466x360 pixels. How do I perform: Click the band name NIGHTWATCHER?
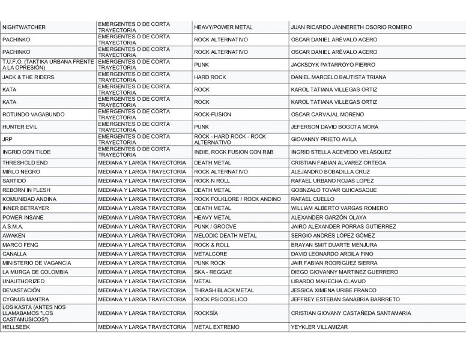(x=23, y=27)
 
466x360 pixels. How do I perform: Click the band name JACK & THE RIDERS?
(x=28, y=77)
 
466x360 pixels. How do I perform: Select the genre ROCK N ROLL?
(x=211, y=181)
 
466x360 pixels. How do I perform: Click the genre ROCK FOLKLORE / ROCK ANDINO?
(x=237, y=199)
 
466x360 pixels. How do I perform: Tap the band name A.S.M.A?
(x=13, y=226)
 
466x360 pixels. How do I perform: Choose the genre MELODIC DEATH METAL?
(x=225, y=235)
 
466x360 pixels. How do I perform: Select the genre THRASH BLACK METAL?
(x=223, y=290)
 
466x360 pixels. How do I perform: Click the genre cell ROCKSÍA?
(x=206, y=313)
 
